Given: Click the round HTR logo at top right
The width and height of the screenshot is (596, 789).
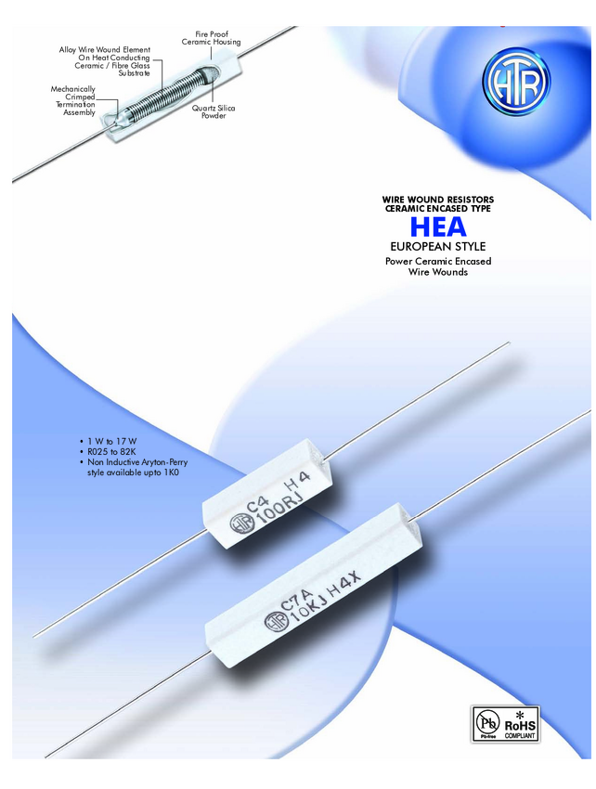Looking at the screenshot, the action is tap(515, 82).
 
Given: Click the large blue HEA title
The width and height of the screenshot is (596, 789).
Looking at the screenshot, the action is tap(438, 226).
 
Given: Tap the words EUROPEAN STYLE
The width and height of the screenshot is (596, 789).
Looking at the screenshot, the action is tap(438, 247).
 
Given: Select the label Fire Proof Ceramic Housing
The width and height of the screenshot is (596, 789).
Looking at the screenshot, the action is tap(212, 38).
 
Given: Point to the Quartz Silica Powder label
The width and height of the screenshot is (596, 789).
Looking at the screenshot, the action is tap(214, 111).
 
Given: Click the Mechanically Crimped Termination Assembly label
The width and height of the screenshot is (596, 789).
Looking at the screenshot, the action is tap(73, 100).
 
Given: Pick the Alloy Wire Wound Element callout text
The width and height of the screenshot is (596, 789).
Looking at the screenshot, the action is tap(105, 61).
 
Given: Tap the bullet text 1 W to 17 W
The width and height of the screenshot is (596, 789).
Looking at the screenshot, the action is tap(111, 441).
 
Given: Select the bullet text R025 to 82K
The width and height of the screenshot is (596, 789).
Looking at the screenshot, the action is tap(111, 452).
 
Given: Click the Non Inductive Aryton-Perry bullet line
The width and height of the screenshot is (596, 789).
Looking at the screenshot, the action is tap(137, 462).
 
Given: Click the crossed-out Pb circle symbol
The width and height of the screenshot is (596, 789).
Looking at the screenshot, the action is tap(487, 722).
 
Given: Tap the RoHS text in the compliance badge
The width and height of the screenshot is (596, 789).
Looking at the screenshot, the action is tap(520, 726).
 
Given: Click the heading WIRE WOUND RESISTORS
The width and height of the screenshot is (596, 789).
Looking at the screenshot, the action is tap(438, 200).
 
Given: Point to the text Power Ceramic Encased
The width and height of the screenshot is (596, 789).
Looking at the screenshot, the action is tap(438, 261).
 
